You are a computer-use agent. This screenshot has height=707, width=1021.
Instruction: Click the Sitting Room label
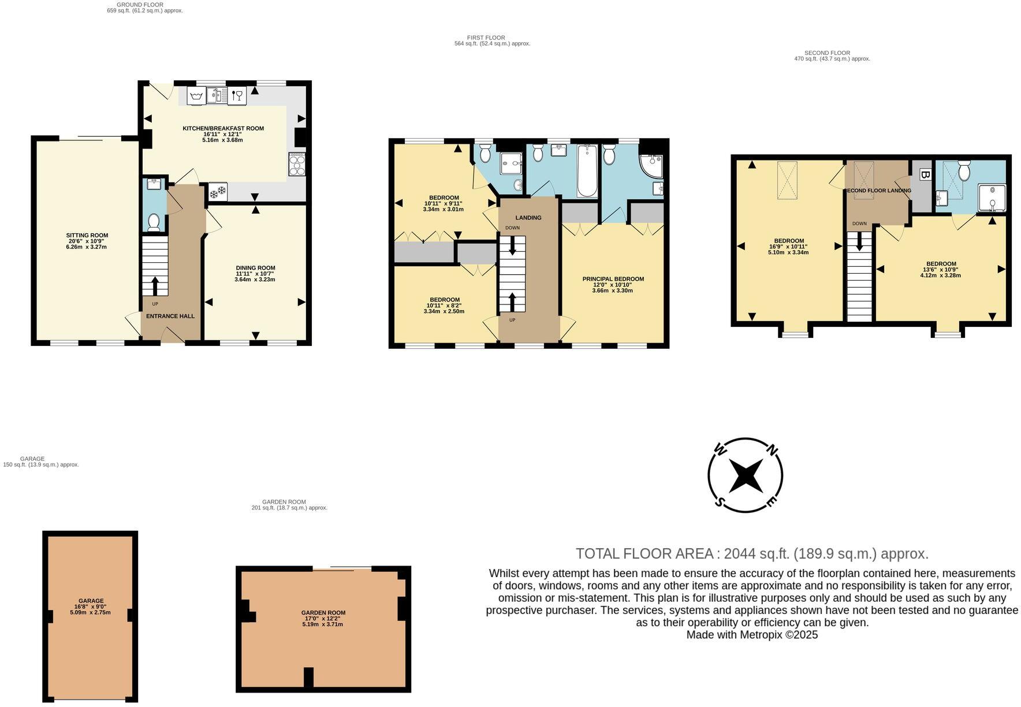87,235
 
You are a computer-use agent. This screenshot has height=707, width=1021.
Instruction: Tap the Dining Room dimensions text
255,277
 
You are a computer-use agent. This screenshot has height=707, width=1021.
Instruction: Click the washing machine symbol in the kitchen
196,95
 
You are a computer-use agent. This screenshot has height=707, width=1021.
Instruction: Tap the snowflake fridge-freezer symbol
218,192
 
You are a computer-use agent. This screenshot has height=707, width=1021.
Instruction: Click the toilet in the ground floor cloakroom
154,221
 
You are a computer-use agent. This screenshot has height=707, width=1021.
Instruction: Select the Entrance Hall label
170,316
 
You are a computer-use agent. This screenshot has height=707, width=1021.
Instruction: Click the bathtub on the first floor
588,170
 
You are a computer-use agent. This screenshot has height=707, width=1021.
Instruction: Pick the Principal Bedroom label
613,279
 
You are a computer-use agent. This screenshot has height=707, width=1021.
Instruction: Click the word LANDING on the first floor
528,218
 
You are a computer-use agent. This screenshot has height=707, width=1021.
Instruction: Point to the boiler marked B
925,175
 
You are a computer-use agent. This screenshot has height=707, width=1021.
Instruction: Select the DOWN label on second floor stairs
859,224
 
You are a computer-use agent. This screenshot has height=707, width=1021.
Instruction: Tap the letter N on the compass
773,450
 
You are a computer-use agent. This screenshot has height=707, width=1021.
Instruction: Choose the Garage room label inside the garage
91,601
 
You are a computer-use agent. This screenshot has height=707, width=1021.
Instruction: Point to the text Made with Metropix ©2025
752,635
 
